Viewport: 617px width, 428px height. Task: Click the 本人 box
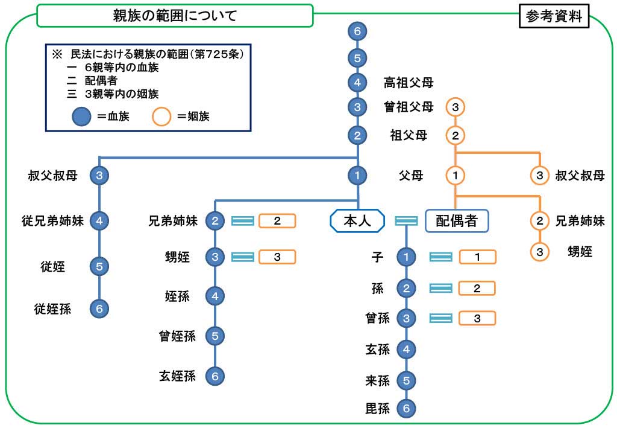point(357,221)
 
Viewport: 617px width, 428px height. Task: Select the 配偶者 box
point(456,221)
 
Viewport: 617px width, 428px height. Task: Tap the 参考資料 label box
point(554,17)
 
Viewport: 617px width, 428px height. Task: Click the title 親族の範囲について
point(175,16)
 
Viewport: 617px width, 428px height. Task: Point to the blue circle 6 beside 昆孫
point(407,409)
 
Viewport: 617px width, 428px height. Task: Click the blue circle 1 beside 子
point(407,257)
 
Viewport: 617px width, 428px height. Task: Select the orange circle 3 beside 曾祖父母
point(456,107)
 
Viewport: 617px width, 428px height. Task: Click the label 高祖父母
point(409,82)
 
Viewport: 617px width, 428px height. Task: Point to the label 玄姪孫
point(178,376)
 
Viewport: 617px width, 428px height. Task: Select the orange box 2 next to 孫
point(477,289)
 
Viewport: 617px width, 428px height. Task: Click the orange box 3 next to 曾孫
point(477,319)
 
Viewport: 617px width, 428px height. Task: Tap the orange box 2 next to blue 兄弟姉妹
point(277,221)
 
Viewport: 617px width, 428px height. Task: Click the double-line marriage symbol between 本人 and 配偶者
point(406,221)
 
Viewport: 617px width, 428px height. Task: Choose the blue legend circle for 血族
point(81,116)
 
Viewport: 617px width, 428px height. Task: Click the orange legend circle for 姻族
point(162,116)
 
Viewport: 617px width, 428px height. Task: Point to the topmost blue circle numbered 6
point(358,31)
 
